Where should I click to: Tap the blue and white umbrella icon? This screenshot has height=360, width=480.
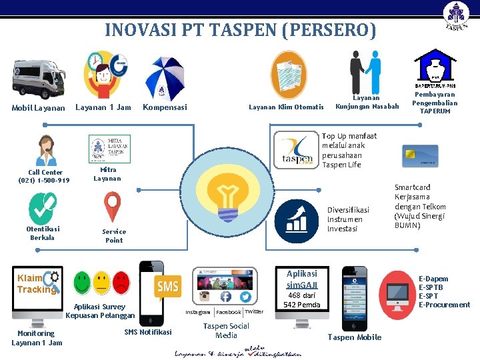(166, 76)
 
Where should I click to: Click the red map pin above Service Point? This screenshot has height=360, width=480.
(112, 207)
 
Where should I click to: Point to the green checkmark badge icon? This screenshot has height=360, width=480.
(43, 208)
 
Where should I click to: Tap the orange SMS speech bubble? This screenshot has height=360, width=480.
(168, 287)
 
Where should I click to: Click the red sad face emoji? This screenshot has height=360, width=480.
(121, 283)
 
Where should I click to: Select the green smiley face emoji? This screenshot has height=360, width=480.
(82, 283)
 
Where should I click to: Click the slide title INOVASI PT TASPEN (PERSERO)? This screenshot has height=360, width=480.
(240, 30)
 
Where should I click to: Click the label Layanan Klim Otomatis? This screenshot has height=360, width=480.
(286, 107)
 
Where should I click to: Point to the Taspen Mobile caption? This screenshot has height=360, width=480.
(355, 337)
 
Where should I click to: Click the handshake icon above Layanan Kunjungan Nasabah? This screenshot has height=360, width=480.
(366, 73)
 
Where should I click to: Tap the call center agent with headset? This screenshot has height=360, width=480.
(46, 151)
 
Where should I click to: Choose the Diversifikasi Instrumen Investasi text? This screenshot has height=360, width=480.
(348, 219)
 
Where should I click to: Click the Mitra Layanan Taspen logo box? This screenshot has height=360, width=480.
(109, 149)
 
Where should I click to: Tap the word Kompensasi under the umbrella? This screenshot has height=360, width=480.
(165, 107)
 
